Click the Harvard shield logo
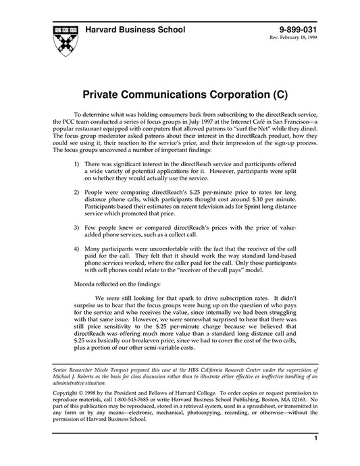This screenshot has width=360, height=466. [x=64, y=39]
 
